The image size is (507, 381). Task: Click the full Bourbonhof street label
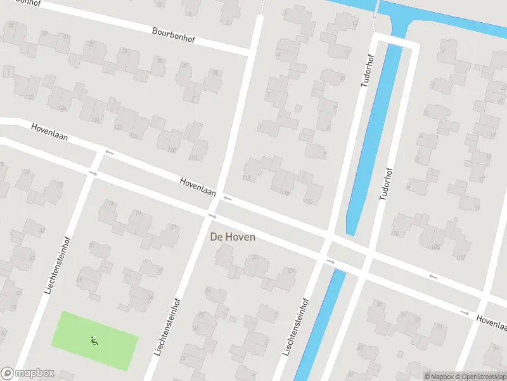coord(174,34)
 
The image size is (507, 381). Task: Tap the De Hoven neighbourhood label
coord(233,237)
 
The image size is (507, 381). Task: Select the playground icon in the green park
coord(94,341)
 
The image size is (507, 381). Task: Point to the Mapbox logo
coord(27,373)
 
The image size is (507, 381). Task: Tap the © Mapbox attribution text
coord(439,376)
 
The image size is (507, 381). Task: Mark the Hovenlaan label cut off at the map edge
coord(492,323)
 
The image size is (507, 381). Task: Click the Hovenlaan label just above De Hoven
coord(198,185)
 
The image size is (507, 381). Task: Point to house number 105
coord(435,247)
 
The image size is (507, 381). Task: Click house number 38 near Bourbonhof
coord(215,74)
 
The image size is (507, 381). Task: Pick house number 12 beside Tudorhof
coord(354,23)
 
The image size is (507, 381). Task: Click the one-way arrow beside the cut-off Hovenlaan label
coord(465,312)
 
